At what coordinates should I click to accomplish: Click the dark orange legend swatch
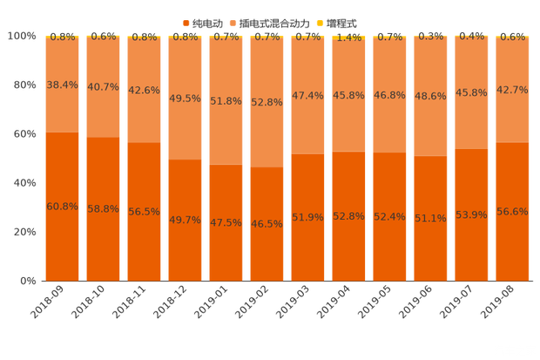[x=186, y=22]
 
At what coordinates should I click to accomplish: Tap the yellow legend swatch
[x=320, y=22]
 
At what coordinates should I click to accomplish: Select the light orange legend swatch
[x=232, y=22]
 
